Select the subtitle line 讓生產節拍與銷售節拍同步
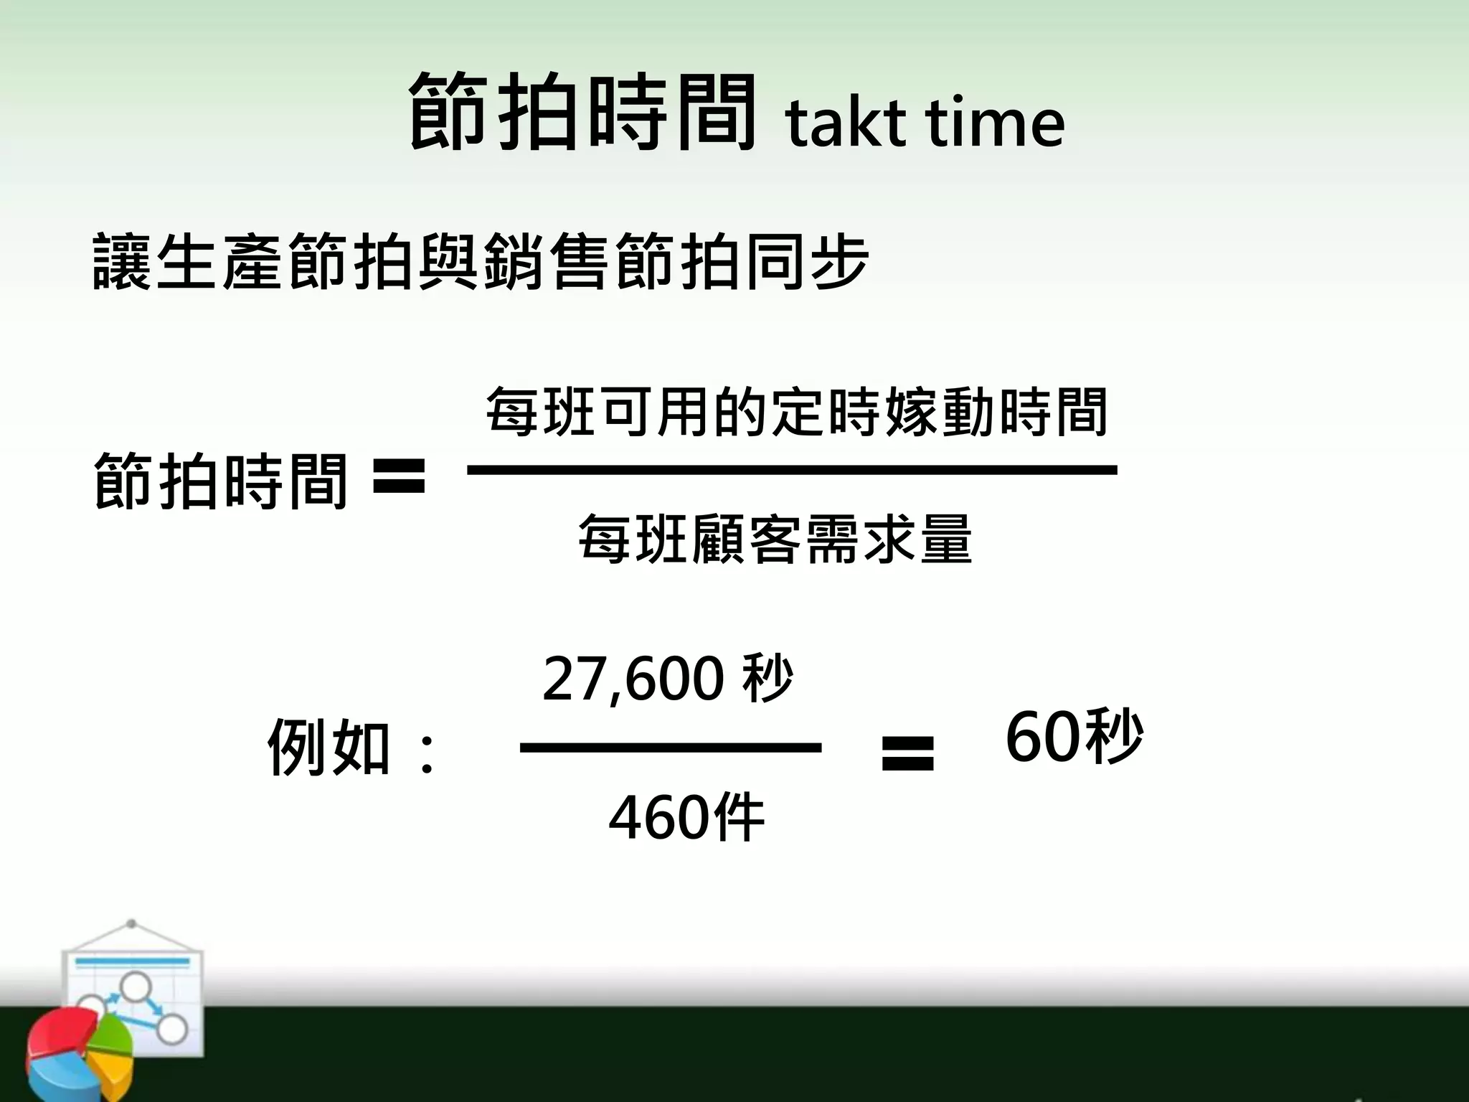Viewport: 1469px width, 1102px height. click(481, 261)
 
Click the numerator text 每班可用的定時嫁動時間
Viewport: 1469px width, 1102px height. click(797, 412)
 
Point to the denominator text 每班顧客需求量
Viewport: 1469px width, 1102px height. click(775, 539)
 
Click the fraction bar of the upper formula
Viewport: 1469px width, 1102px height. click(792, 471)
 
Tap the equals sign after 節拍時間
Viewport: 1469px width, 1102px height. click(400, 477)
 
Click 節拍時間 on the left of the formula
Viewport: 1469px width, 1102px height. click(220, 481)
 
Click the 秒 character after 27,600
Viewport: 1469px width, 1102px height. click(768, 678)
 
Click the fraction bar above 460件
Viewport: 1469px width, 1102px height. click(670, 748)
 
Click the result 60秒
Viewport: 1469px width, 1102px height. click(1074, 737)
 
